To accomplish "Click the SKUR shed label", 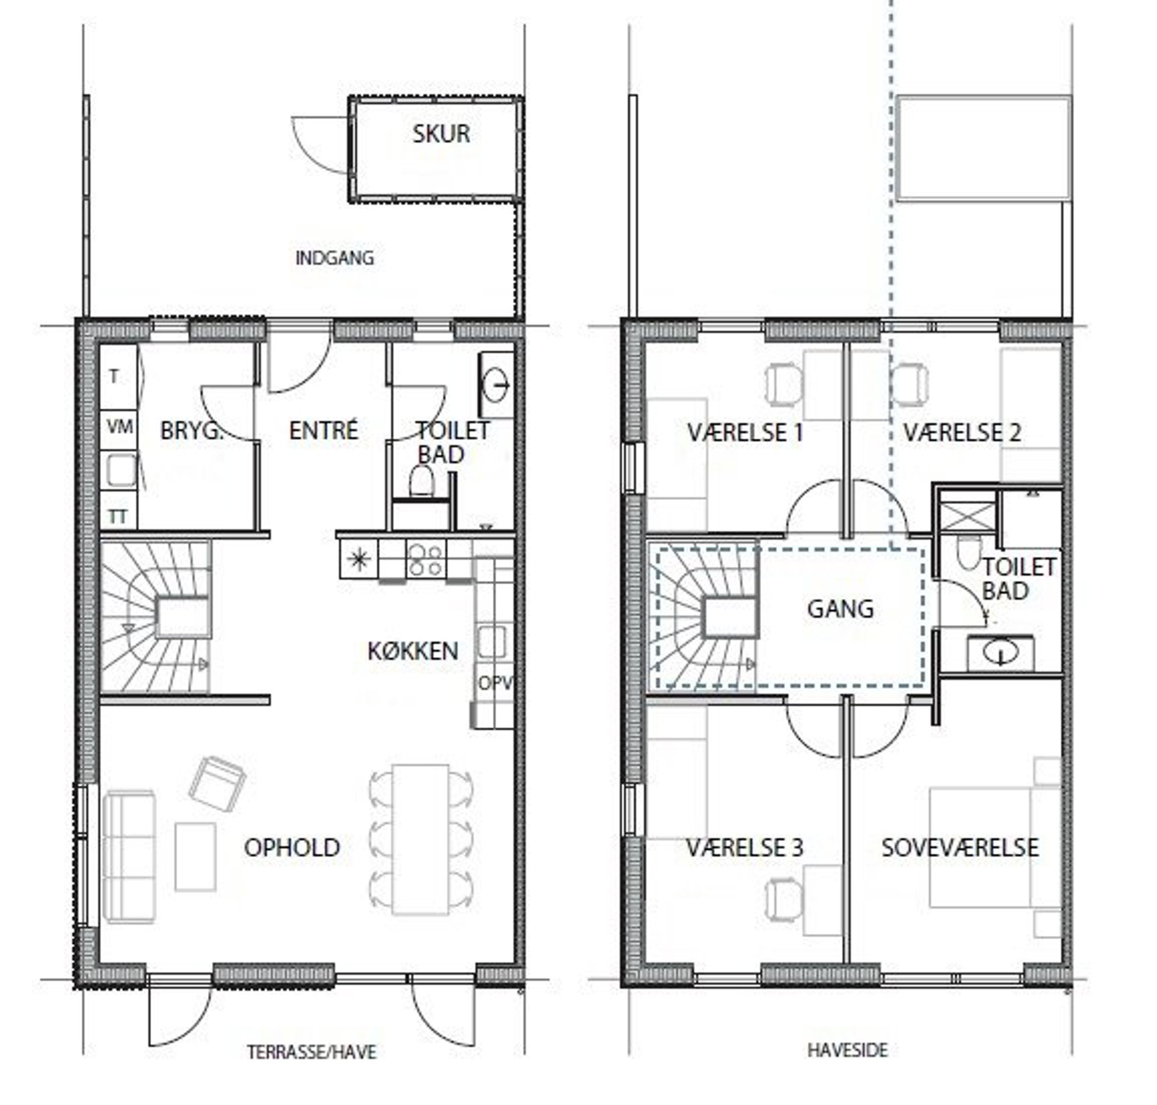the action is tap(441, 134).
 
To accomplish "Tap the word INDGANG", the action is tap(335, 258).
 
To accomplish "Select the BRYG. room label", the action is tap(191, 430).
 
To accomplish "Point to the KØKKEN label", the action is tap(412, 651).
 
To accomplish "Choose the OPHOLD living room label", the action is tap(292, 848).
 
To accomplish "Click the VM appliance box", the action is tap(120, 427).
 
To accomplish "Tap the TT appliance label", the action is tap(118, 517).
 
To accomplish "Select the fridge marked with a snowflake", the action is tap(358, 559).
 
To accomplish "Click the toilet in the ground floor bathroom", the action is tap(421, 480).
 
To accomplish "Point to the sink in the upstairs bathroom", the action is tap(1000, 653).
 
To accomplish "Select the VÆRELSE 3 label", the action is tap(744, 848).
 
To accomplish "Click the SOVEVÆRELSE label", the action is tap(960, 848).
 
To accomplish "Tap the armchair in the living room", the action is tap(217, 784).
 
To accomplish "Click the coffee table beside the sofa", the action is tap(195, 857).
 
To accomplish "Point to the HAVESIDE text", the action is tap(847, 1050).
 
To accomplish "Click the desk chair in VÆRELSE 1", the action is tap(784, 384).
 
